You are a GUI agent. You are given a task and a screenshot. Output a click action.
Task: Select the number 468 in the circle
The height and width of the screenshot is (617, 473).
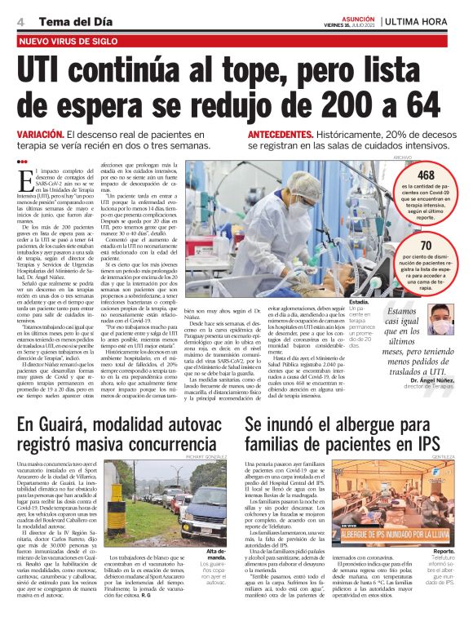point(425,175)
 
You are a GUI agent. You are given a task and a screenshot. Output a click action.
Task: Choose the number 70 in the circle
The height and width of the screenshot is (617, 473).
point(425,246)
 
